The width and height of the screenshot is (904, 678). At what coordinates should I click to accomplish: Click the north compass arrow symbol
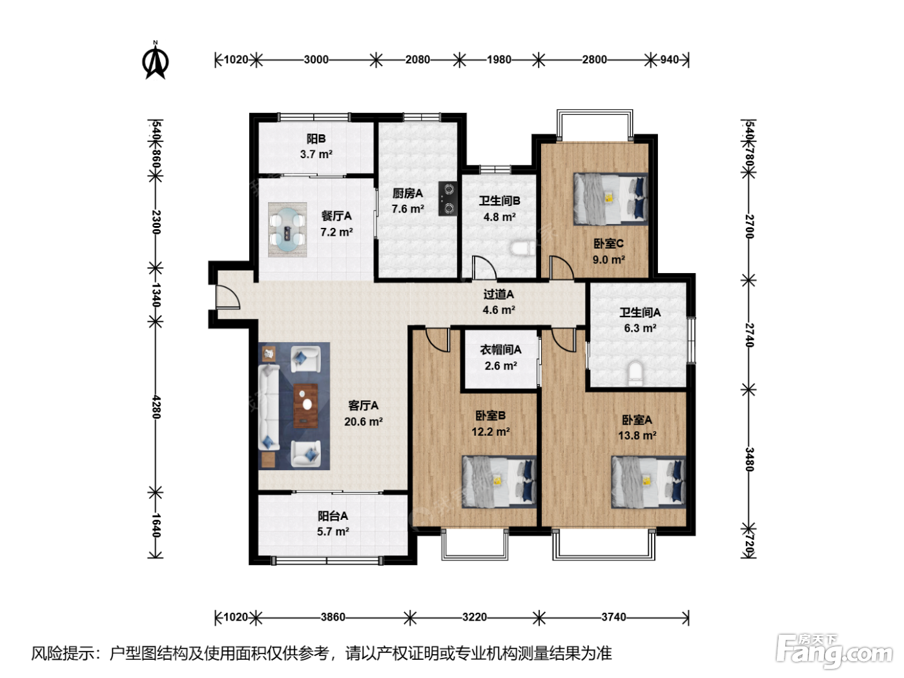(155, 60)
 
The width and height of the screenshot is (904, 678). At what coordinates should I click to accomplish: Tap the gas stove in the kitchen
(447, 199)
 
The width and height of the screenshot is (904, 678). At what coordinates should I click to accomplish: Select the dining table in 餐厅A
(287, 229)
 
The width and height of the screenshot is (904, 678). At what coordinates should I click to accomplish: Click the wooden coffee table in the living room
(305, 406)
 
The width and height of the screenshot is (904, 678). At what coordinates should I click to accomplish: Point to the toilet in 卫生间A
(635, 373)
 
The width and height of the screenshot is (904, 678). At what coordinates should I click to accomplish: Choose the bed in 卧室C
(610, 199)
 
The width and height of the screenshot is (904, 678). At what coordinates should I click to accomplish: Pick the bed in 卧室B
(499, 482)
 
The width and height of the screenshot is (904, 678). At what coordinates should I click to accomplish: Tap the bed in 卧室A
(649, 482)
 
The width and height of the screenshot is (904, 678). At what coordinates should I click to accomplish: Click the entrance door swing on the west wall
(228, 296)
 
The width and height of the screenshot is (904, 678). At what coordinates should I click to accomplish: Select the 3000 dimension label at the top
(316, 59)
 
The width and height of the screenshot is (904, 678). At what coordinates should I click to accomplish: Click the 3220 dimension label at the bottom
(475, 617)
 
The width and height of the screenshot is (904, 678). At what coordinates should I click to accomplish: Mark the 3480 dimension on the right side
(750, 459)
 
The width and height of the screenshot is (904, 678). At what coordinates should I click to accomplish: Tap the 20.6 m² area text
(364, 422)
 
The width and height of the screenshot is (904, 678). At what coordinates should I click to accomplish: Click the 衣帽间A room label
(500, 350)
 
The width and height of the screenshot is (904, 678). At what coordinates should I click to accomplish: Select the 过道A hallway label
(498, 294)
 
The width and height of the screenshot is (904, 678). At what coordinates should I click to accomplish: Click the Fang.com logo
(834, 651)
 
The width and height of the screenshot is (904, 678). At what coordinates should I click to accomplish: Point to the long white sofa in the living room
(269, 407)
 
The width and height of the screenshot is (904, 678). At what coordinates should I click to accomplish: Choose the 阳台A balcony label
(333, 516)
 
